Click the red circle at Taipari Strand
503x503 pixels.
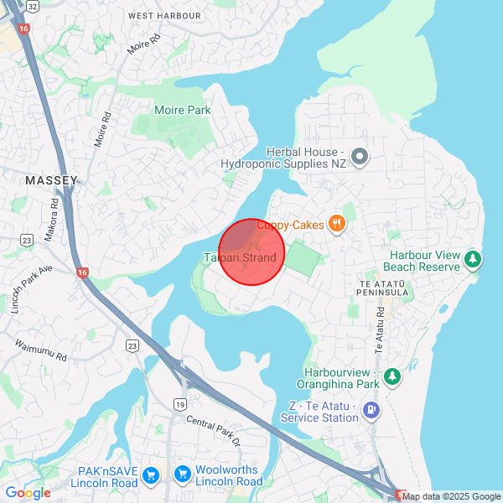251,251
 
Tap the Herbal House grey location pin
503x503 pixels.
360,156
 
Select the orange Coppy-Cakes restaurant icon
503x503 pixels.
336,222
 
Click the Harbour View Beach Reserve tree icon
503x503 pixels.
474,258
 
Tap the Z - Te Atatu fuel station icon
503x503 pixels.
371,410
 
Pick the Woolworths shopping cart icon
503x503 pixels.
182,475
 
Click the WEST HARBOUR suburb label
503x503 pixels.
164,16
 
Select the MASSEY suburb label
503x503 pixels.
51,180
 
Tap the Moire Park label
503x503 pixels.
183,110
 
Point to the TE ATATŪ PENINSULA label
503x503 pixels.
382,282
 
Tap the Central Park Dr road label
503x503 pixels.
213,431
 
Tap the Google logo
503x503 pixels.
28,493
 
